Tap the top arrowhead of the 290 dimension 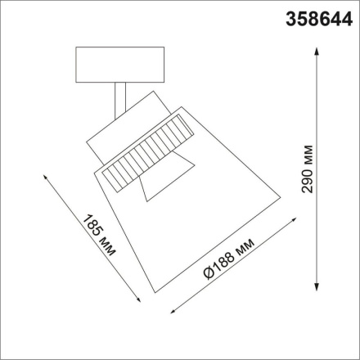click(318, 51)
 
